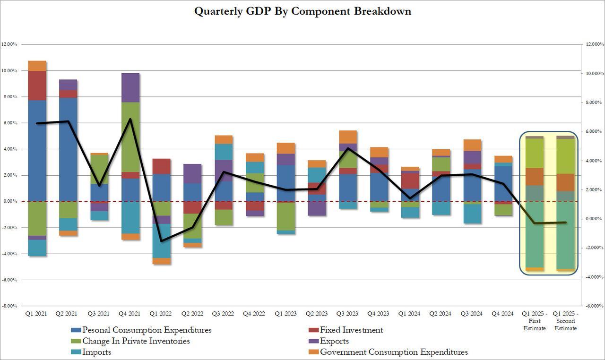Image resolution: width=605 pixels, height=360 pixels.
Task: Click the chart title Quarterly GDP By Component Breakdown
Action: [302, 11]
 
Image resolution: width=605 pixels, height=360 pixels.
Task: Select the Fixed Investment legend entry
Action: [351, 330]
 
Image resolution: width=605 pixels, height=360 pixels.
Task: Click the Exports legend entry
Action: [334, 341]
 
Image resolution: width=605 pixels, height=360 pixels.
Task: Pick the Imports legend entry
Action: [97, 352]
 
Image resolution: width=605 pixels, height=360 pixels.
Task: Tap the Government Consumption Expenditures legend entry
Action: [394, 352]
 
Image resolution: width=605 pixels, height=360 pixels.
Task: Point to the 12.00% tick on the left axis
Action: [9, 44]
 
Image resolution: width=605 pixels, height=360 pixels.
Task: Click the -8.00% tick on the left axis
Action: [9, 306]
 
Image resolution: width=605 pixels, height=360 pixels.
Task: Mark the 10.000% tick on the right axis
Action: [595, 73]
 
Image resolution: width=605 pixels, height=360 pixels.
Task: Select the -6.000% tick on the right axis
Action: [595, 306]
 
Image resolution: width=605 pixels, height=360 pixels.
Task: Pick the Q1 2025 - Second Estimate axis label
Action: [566, 321]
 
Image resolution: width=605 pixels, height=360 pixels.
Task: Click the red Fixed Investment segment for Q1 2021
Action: [37, 86]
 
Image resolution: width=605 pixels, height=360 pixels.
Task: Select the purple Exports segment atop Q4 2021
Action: [130, 87]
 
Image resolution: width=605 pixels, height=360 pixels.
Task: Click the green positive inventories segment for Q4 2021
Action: [130, 137]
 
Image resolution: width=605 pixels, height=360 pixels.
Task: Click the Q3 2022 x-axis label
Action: [224, 313]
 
